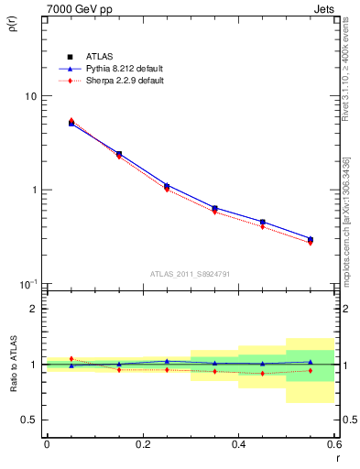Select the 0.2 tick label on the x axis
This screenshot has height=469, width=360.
(142, 444)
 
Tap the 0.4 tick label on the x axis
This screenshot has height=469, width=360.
(238, 444)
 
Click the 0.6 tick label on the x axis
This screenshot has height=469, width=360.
(333, 444)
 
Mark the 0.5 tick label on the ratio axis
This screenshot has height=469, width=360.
(29, 420)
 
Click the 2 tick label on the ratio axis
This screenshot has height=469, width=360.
(34, 309)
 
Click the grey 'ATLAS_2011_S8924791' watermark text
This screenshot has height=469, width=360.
(189, 273)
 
